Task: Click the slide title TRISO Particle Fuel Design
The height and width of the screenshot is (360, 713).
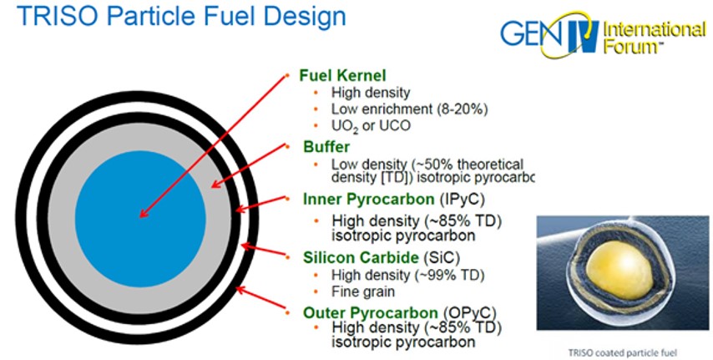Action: point(181,16)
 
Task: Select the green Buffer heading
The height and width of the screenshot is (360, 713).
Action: point(326,147)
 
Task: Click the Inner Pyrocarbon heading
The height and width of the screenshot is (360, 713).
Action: point(369,200)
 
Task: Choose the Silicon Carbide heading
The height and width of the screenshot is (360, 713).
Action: point(361,257)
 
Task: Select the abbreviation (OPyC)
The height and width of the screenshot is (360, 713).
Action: point(468,313)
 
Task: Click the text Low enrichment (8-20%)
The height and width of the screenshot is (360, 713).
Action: point(409,109)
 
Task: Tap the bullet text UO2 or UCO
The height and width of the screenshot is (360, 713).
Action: point(371,125)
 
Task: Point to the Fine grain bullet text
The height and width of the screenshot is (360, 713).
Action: point(363,292)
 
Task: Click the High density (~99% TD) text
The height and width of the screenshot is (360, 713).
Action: point(407,275)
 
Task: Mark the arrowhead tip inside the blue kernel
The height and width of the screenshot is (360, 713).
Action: point(139,217)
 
